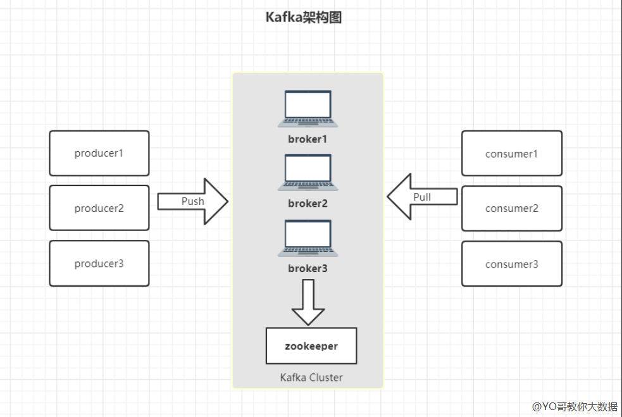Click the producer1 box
point(99,153)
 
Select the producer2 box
point(99,208)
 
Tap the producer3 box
point(99,263)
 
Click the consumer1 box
point(511,153)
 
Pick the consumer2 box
point(511,208)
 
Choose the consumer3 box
point(511,263)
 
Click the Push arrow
point(209,201)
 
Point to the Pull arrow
point(405,197)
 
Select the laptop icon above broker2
point(308,173)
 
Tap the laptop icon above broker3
point(308,238)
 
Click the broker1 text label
point(308,139)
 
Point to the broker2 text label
point(308,203)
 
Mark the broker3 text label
point(308,268)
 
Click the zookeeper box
point(311,346)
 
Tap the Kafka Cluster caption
point(311,377)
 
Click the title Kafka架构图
point(304,18)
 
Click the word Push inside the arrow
point(193,201)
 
